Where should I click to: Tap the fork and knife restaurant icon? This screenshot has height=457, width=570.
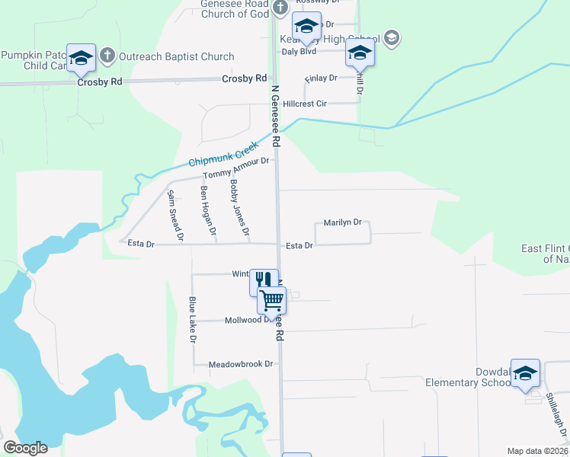pos(264,282)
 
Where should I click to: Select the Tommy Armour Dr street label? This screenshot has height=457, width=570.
pos(237,169)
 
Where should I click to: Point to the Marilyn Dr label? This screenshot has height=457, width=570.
pos(342,222)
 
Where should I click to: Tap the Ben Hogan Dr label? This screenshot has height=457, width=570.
pos(208,210)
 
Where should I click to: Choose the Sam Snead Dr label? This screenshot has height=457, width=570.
pos(175,216)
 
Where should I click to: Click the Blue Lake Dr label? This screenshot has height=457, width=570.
pos(193,319)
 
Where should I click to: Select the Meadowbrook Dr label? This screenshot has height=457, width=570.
pos(241,365)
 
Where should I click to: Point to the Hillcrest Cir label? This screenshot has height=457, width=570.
pos(304,104)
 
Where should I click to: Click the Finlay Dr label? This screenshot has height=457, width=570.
pos(320,78)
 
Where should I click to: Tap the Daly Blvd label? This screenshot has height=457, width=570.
pos(299,52)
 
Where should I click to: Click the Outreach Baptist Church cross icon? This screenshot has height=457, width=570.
pos(107,56)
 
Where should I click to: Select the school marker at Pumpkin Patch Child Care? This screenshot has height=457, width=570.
pos(81,58)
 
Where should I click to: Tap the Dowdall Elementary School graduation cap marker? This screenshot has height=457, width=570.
pos(525,372)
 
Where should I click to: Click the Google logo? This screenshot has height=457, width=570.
pos(25,448)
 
